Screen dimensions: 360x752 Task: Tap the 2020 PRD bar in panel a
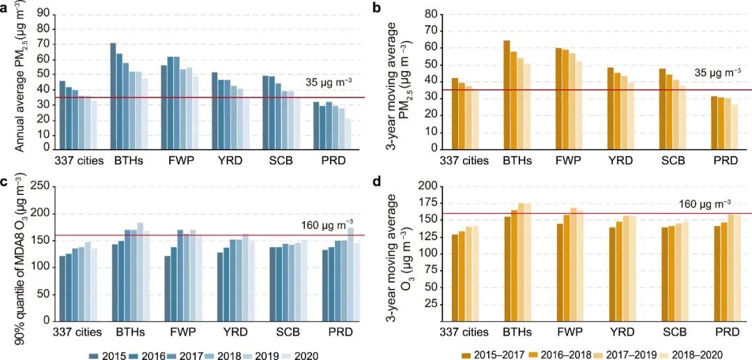pyautogui.click(x=348, y=134)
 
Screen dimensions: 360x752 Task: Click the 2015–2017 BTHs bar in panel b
pyautogui.click(x=507, y=95)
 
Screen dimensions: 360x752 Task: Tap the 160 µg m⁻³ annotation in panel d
pyautogui.click(x=705, y=203)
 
